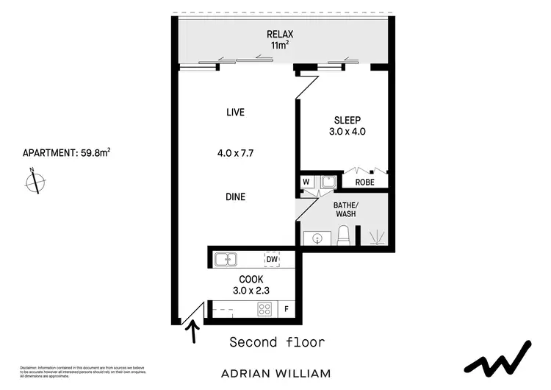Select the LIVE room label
235,113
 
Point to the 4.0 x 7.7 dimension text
235,154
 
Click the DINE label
235,197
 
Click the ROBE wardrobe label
366,182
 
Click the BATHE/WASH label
346,209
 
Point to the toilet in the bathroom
343,236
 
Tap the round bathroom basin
317,238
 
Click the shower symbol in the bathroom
376,236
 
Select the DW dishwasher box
272,259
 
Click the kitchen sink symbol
226,259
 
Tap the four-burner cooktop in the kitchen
264,310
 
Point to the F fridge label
287,310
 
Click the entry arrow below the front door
194,335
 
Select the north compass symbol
35,181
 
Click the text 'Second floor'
277,342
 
